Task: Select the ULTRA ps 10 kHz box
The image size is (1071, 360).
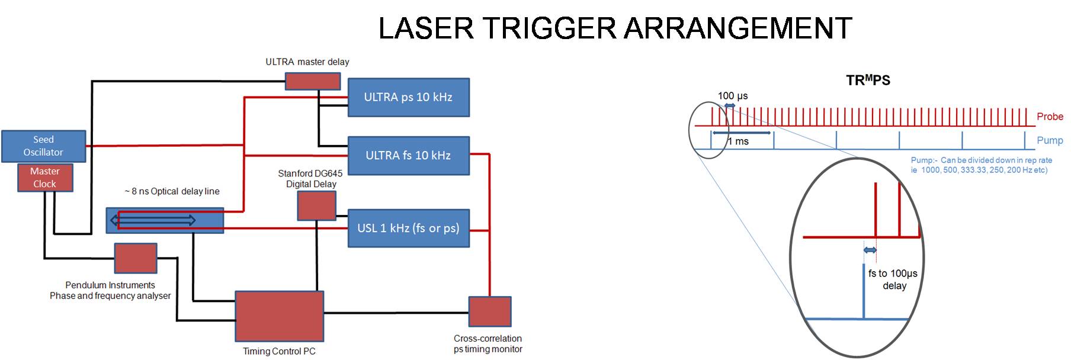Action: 408,97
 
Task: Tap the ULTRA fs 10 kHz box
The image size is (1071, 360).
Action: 408,156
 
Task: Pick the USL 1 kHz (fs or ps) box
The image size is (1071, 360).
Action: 408,228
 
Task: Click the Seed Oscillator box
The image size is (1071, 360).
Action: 43,146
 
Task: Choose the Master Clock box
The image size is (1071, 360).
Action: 44,178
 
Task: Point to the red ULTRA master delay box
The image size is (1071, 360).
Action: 312,81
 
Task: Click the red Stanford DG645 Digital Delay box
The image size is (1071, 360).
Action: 316,205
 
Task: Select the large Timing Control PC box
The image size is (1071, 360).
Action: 279,316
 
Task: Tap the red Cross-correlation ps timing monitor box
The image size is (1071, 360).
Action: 489,311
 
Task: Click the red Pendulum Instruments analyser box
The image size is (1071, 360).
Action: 135,258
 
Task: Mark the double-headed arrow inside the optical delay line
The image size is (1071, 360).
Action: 153,220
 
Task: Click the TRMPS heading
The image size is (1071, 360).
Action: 868,81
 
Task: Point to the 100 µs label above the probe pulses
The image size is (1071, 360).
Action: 733,96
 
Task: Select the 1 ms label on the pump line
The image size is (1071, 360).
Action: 738,142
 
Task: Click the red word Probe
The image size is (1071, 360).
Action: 1049,117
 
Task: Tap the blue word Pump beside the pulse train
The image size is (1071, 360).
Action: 1049,140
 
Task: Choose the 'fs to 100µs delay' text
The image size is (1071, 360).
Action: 893,279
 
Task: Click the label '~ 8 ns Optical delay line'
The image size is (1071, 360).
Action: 172,191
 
